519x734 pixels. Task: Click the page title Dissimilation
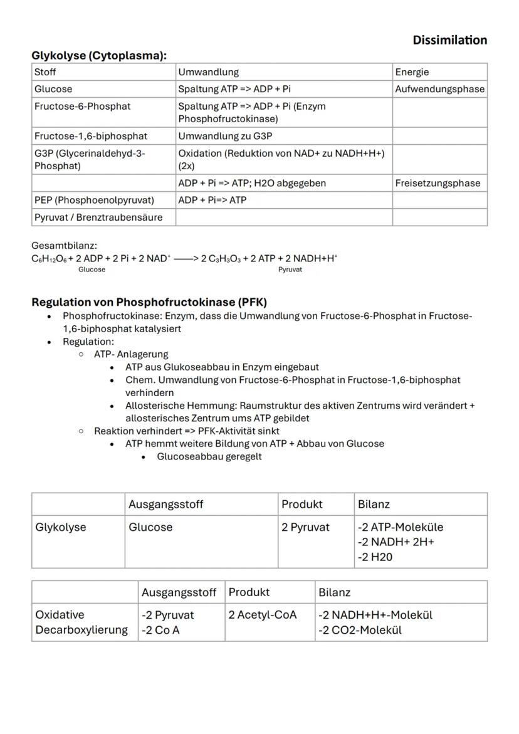(x=449, y=40)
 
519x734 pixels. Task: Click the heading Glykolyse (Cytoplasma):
(x=99, y=56)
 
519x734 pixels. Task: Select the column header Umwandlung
(x=208, y=73)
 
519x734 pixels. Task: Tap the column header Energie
(x=412, y=73)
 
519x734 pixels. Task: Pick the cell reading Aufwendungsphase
(x=439, y=89)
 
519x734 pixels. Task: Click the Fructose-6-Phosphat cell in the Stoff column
(x=83, y=106)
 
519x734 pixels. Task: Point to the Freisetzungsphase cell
(x=438, y=183)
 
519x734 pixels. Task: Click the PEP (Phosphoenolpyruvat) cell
(x=94, y=200)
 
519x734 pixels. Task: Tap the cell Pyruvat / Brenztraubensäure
(x=98, y=217)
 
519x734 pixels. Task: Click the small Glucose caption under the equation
(x=92, y=270)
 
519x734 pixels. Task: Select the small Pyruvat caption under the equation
(x=290, y=270)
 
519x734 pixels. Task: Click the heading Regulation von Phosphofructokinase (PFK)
(x=149, y=302)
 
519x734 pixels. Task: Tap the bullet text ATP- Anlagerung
(x=131, y=354)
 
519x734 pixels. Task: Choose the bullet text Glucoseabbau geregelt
(x=209, y=456)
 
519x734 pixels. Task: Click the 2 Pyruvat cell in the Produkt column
(x=305, y=527)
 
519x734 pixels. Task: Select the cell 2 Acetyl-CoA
(x=262, y=615)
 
